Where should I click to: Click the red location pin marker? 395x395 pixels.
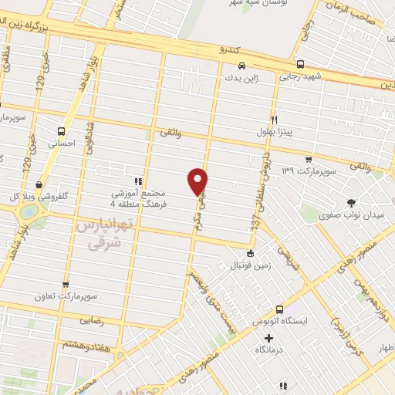(198, 181)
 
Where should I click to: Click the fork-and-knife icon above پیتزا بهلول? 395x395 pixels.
(274, 120)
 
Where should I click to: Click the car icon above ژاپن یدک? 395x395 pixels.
(242, 66)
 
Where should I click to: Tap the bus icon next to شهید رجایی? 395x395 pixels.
(300, 65)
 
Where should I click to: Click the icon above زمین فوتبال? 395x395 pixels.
(249, 253)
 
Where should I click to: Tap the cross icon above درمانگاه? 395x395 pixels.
(268, 338)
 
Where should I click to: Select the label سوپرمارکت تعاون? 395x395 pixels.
(66, 295)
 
